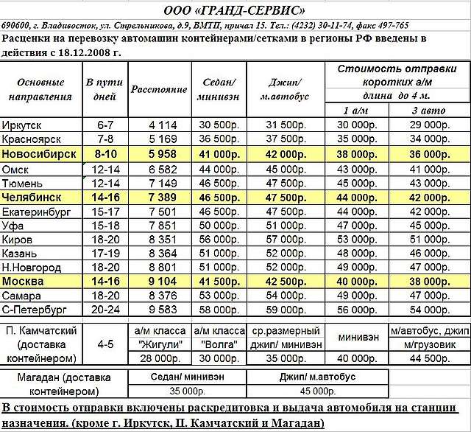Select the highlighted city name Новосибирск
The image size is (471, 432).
pyautogui.click(x=40, y=153)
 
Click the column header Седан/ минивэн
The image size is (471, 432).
pyautogui.click(x=216, y=88)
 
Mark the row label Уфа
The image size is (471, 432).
pyautogui.click(x=14, y=225)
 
